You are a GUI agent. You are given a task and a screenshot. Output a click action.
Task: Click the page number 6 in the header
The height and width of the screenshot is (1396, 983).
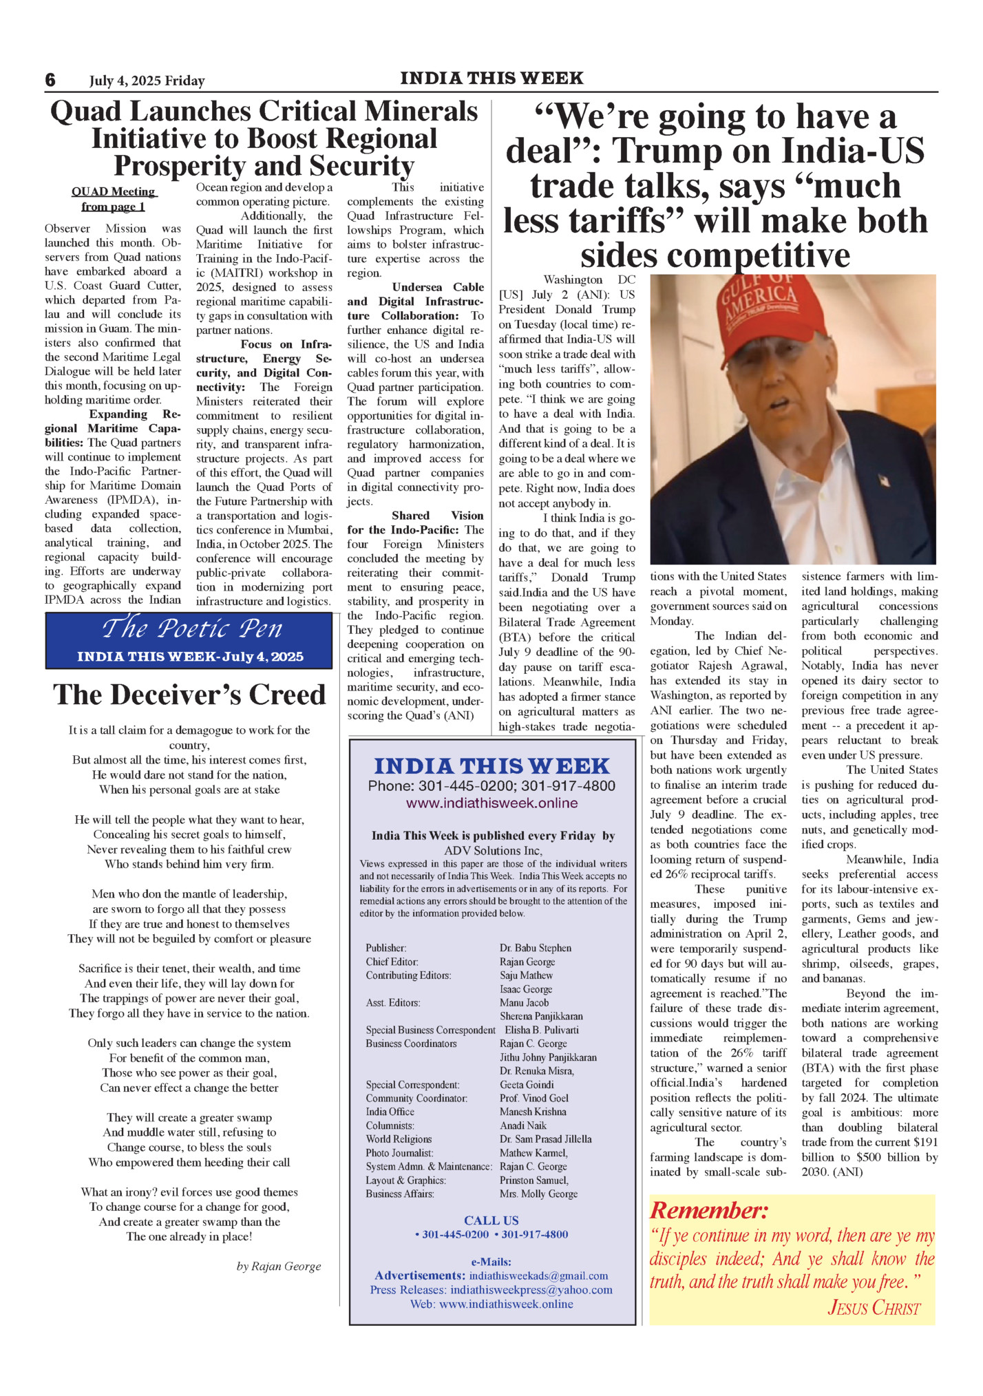(50, 81)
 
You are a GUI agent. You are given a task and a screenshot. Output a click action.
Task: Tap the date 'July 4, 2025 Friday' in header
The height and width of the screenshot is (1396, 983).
(147, 81)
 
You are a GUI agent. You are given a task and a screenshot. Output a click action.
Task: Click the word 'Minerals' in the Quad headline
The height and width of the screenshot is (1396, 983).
(421, 112)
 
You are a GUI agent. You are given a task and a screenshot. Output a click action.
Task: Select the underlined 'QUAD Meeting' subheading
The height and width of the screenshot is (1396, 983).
(114, 192)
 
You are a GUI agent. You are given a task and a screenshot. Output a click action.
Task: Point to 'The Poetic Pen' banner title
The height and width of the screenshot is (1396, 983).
(192, 628)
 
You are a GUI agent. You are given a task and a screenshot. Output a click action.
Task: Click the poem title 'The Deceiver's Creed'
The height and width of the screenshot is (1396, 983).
(189, 695)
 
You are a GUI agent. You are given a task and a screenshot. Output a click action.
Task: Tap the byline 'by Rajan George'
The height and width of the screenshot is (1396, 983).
(279, 1266)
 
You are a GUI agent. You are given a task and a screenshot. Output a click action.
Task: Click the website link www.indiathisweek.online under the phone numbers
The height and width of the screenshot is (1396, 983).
(491, 803)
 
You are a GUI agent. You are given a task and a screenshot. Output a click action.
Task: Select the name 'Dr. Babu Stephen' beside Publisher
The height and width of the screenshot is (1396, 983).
(536, 948)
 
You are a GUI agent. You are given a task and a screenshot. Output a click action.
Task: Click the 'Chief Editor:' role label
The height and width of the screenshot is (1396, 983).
(392, 962)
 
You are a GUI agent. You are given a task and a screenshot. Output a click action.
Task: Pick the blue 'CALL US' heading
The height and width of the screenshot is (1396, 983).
(491, 1220)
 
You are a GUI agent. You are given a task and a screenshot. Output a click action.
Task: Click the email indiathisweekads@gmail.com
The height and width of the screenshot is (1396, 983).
(538, 1276)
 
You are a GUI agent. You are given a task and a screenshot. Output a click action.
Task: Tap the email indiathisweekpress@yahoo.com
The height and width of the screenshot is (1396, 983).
(531, 1290)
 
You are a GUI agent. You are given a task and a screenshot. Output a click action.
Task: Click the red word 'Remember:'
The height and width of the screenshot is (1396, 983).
(708, 1211)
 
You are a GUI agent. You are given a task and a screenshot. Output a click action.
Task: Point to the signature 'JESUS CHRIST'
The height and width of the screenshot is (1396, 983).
(874, 1308)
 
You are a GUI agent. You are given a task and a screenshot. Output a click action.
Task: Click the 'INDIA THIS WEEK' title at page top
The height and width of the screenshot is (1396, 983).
(491, 78)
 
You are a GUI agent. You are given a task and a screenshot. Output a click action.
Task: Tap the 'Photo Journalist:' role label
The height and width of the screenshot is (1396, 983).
(400, 1152)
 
